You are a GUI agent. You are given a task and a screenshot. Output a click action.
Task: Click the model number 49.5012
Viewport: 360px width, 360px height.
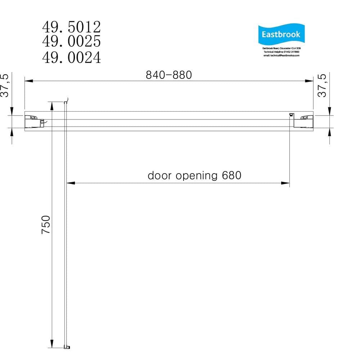(71, 27)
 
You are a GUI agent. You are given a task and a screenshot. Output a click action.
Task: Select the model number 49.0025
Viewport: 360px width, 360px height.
(71, 42)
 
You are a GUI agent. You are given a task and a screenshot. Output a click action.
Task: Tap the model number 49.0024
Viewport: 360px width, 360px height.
(71, 58)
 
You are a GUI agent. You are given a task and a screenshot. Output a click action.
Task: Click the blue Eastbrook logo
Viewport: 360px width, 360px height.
(281, 35)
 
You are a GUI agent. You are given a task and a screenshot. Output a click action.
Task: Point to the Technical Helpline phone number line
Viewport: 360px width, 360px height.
(281, 52)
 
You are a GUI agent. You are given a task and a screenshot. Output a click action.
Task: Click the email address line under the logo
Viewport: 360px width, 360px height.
(281, 55)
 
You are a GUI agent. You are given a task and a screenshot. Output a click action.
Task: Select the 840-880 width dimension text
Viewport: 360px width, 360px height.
(168, 75)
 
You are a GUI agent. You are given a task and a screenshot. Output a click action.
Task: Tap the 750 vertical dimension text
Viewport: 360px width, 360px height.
(46, 225)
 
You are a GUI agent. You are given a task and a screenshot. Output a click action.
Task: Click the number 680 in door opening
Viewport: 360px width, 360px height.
(231, 176)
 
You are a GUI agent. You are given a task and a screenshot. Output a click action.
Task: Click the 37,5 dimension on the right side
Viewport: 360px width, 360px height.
(323, 86)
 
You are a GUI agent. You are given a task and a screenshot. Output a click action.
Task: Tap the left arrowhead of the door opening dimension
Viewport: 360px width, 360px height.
(71, 183)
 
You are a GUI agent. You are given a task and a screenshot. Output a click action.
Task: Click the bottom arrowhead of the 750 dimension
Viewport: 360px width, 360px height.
(52, 344)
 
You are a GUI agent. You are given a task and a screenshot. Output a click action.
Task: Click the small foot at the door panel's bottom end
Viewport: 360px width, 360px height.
(67, 347)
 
